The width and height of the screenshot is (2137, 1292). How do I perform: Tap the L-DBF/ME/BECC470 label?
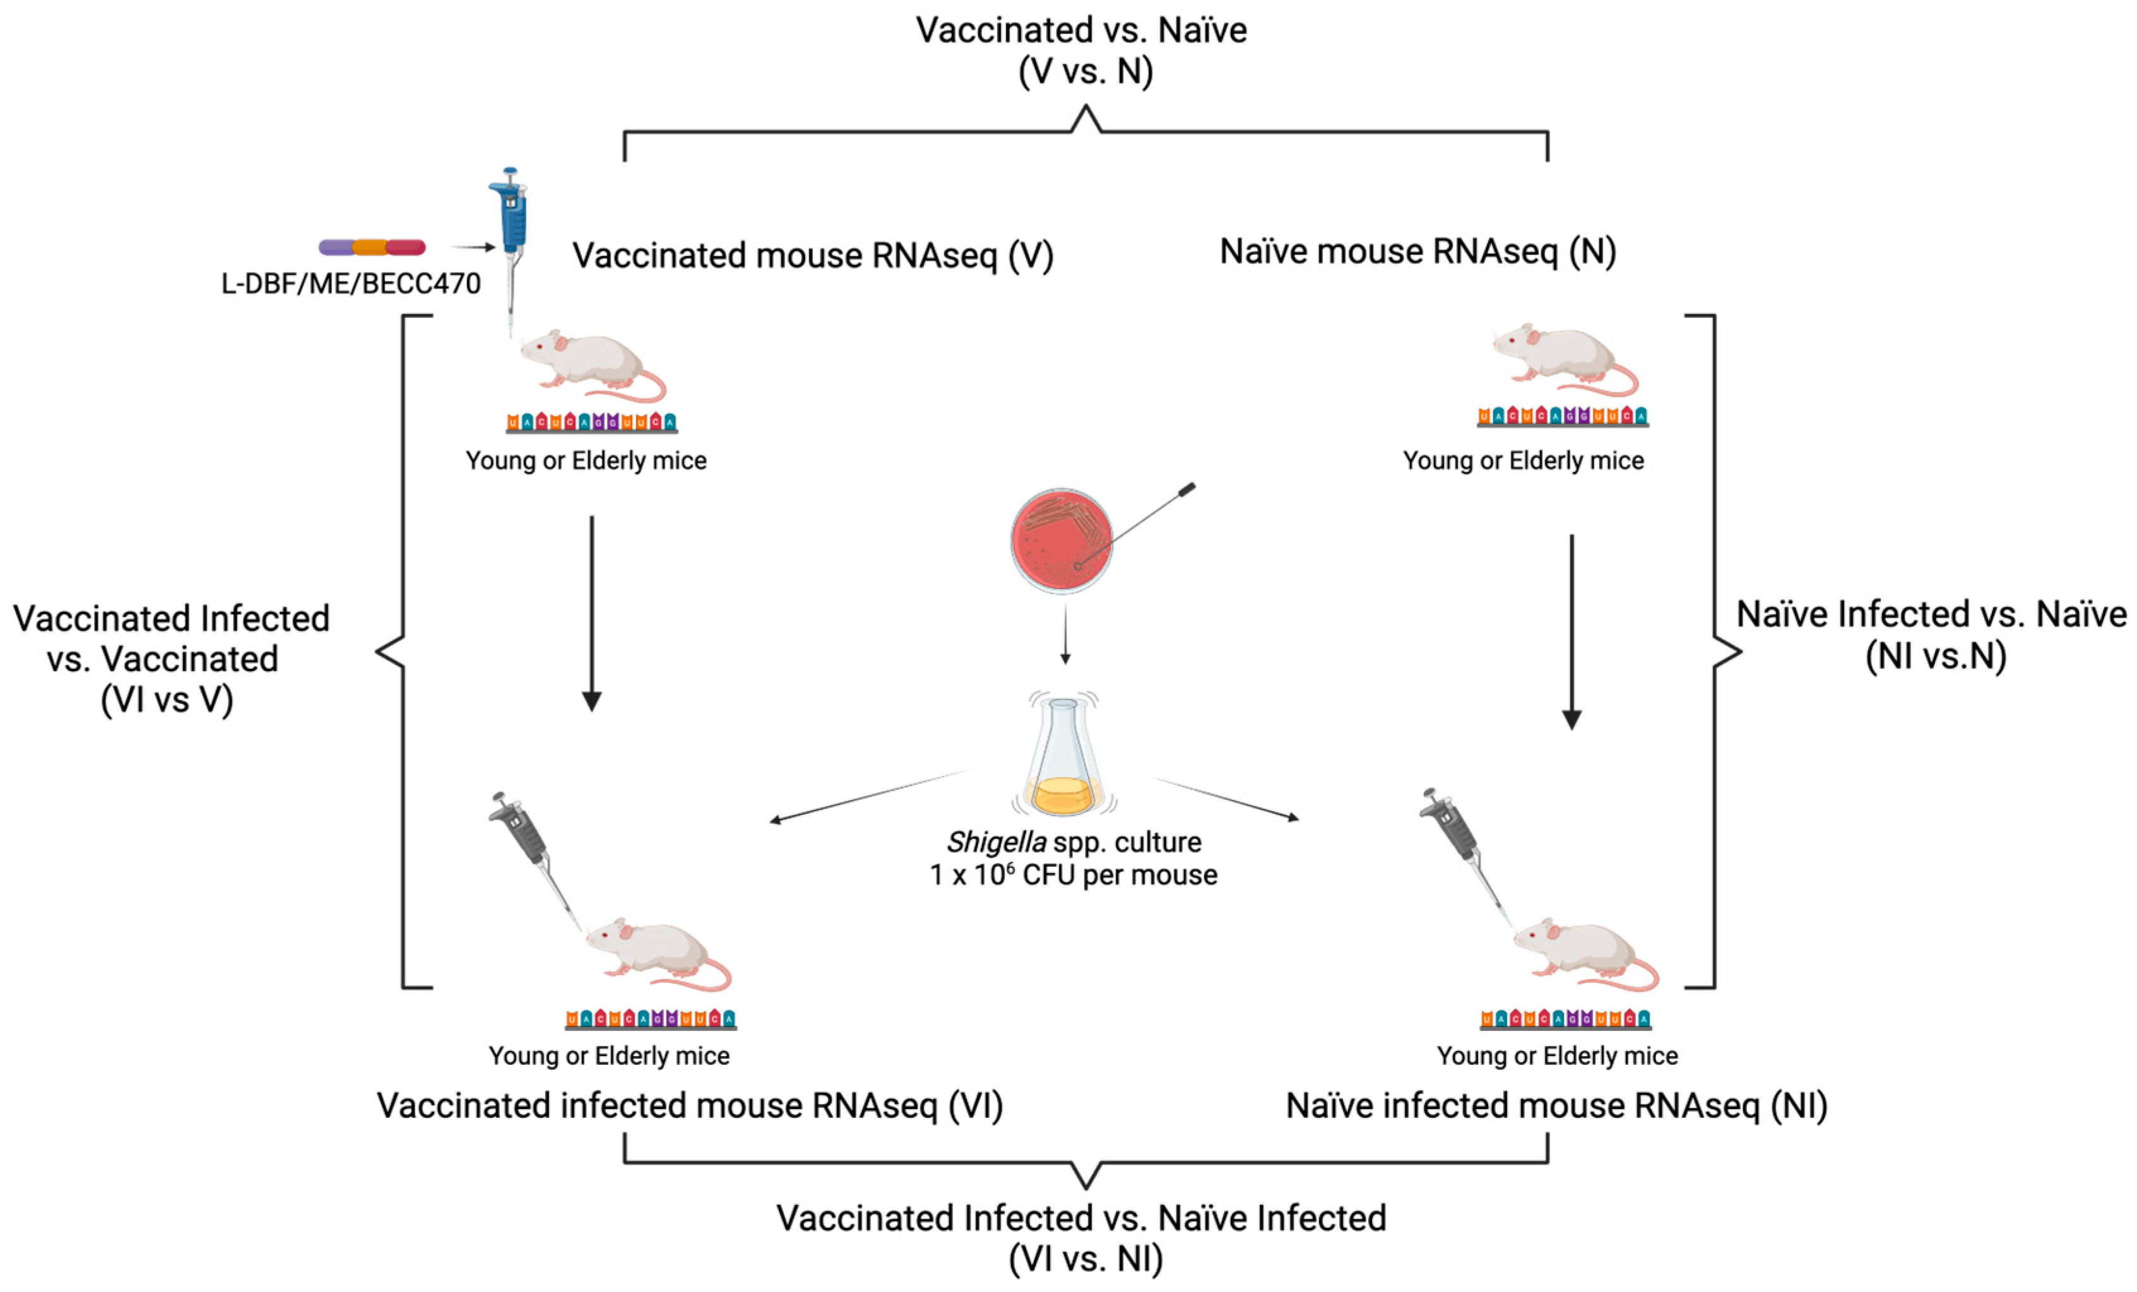[x=350, y=283]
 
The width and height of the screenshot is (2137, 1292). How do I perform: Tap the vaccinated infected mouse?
[x=658, y=954]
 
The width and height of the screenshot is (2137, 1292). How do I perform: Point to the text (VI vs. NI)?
[x=1085, y=1258]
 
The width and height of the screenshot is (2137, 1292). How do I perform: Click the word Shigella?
[x=996, y=842]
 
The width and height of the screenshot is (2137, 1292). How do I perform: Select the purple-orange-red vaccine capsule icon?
[x=372, y=248]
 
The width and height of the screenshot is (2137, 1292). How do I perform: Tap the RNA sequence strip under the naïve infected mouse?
[x=1565, y=1019]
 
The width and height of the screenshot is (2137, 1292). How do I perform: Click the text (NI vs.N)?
[x=1936, y=656]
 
